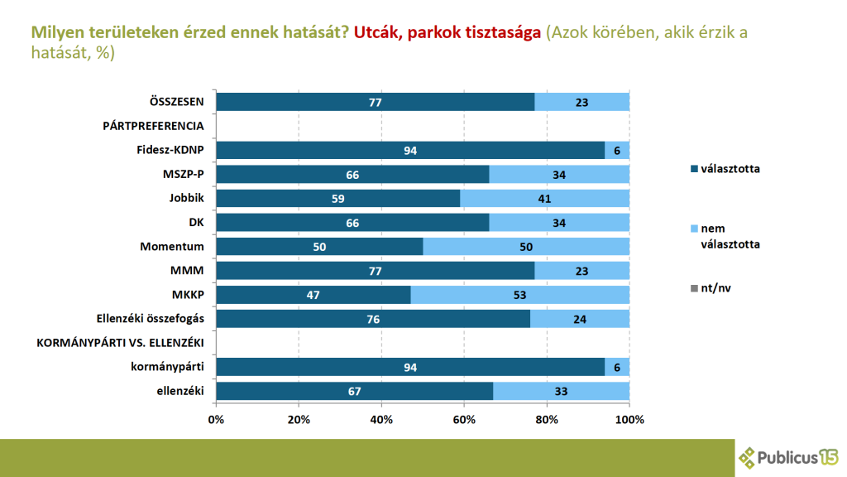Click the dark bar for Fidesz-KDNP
coord(411,150)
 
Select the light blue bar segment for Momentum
coord(526,247)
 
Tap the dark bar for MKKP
coord(313,295)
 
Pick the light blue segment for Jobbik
coord(545,199)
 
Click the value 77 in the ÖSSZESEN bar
coord(374,102)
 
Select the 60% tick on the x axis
coord(464,419)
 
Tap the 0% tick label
coord(217,419)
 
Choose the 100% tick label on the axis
coord(629,419)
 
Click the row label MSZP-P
coord(184,174)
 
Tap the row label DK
coord(197,223)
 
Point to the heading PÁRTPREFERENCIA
coord(153,126)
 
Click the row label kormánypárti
coord(169,367)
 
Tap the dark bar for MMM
coord(374,271)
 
